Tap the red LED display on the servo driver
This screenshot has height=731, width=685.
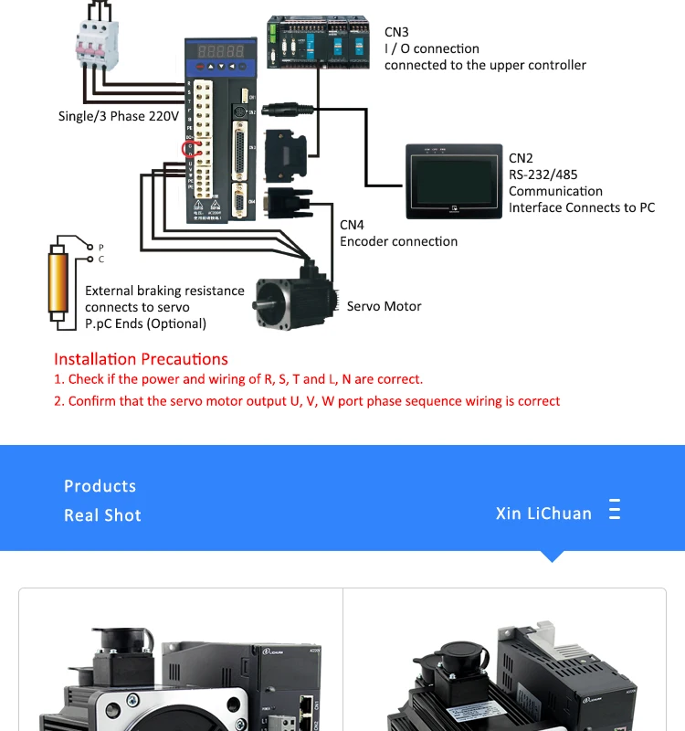tap(215, 51)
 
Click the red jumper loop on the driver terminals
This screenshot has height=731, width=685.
tap(191, 149)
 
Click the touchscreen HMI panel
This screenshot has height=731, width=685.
tap(453, 180)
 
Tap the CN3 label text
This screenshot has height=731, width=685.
tap(396, 32)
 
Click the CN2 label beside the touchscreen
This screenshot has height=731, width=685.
tap(521, 158)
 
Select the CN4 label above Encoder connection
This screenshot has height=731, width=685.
tap(352, 225)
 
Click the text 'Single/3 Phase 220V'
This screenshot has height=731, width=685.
tap(118, 116)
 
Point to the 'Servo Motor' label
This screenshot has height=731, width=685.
tap(384, 306)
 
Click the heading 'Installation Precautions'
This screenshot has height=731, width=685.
tap(141, 359)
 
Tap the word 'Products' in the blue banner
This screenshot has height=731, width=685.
tap(100, 486)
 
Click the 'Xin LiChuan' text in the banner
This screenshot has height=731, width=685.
tap(543, 514)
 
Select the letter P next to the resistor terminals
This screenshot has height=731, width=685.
tap(101, 248)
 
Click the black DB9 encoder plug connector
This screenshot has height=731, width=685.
tap(288, 200)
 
